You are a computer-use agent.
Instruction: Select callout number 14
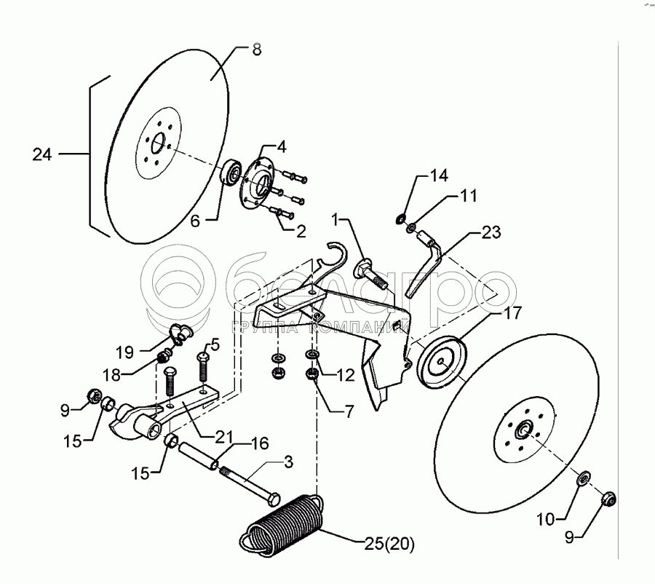pos(429,175)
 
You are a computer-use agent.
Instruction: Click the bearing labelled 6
pos(233,172)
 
